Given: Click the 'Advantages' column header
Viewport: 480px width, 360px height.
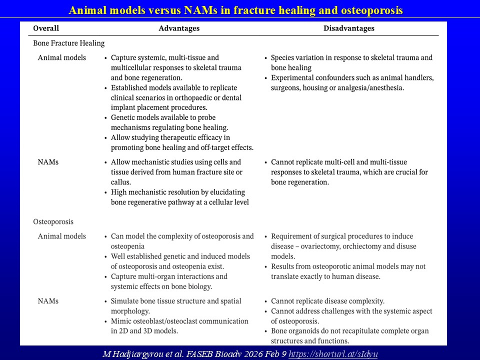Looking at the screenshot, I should coord(179,28).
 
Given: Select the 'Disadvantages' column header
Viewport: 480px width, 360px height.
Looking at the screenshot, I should coord(349,28).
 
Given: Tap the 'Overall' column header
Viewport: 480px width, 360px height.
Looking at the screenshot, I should coord(46,28).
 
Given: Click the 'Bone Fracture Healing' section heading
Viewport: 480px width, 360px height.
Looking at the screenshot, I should coord(69,43).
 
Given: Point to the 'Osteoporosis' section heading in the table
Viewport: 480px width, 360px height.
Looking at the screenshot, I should coord(53,221).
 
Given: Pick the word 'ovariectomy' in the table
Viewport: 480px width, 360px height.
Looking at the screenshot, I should coord(321,246).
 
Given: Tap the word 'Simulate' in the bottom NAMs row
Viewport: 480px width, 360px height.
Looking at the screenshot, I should coord(126,301).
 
